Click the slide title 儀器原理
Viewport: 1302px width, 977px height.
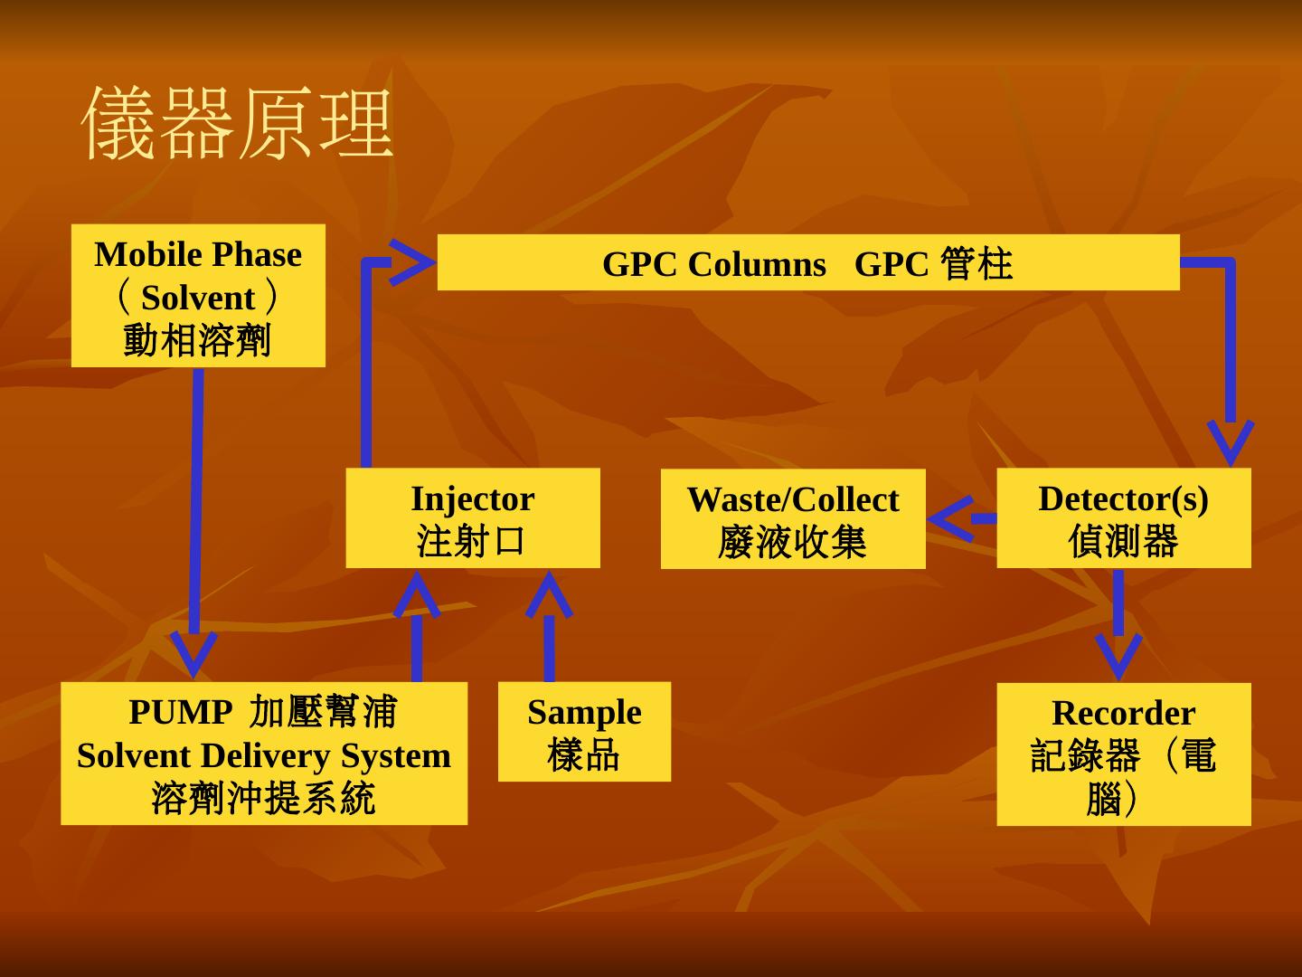[x=238, y=124]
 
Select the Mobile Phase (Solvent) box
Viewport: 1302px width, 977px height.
[x=198, y=296]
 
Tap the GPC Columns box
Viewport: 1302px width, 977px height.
[x=808, y=263]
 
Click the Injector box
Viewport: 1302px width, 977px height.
[x=472, y=518]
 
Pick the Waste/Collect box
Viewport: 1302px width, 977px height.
[x=793, y=519]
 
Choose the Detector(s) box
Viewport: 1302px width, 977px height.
[x=1123, y=518]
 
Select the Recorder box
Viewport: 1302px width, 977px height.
[x=1123, y=754]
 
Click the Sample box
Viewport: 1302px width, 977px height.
[x=584, y=732]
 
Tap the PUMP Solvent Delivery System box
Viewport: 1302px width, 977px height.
[x=264, y=754]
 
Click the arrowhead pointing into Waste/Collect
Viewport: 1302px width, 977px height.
[x=949, y=518]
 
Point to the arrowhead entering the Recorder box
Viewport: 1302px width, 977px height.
[x=1118, y=655]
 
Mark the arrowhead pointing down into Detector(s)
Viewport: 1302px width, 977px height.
[x=1230, y=441]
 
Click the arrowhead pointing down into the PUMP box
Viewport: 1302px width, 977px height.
[x=193, y=653]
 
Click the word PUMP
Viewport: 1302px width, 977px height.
[x=180, y=712]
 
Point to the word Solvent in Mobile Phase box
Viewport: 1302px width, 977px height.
[x=198, y=298]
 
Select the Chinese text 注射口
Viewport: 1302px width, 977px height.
[x=471, y=542]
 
